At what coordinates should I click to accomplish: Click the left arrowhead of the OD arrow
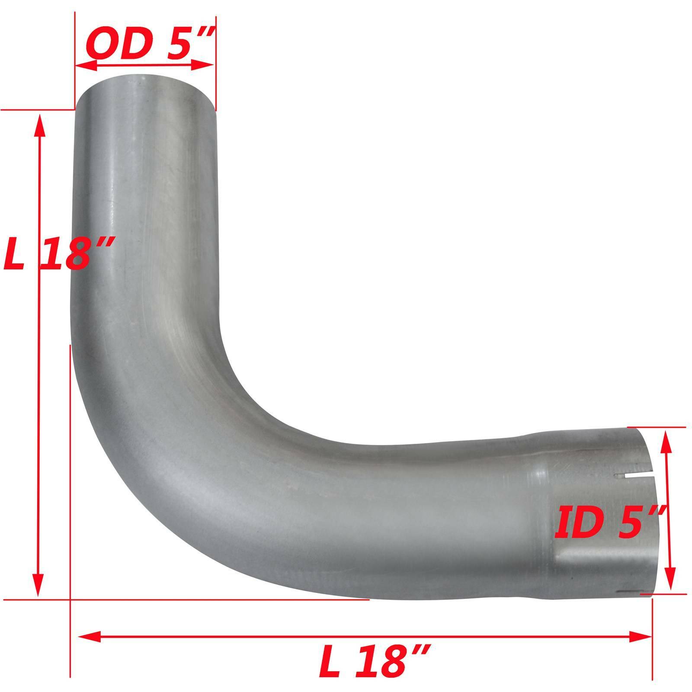coord(84,66)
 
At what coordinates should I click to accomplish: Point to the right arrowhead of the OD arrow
coord(205,66)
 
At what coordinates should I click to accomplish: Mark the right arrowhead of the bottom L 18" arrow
coord(642,636)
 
